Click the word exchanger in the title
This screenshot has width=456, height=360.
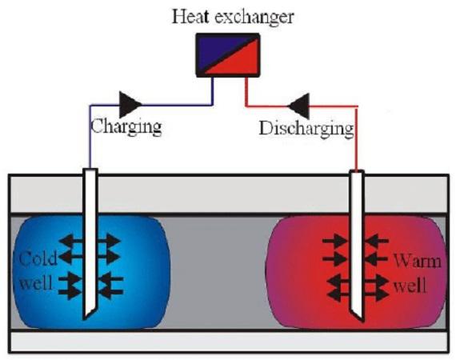254,18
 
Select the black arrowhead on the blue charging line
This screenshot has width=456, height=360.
130,105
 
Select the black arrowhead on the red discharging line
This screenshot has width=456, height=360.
298,106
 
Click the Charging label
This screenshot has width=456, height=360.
126,126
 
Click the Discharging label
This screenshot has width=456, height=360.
306,129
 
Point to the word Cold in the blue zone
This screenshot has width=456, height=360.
38,258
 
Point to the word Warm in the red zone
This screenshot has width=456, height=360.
418,261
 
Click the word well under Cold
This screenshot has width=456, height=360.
35,282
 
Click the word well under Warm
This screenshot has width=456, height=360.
410,285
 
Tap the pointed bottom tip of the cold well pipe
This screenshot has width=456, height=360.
84,319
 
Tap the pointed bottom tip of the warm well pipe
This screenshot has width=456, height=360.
363,322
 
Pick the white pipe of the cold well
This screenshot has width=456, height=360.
90,243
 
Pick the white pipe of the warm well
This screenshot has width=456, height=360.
357,246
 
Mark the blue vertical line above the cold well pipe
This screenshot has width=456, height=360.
90,137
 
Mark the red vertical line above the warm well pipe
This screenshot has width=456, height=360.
357,138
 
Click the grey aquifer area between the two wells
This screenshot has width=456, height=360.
218,274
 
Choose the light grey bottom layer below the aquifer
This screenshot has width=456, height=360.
228,342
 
